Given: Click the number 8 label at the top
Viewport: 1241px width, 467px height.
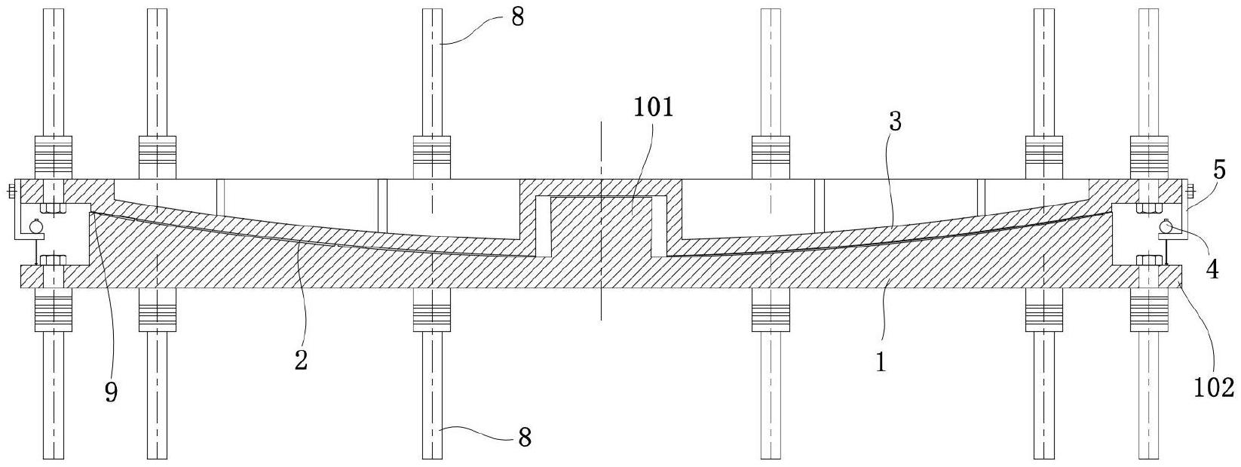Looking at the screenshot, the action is tap(516, 17).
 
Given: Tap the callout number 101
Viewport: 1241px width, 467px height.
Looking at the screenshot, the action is tap(653, 107).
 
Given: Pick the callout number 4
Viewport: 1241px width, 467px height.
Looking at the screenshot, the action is tap(1212, 269).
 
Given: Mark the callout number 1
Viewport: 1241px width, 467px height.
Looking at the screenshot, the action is tap(880, 362).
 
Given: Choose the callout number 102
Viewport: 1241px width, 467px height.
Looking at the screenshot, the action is tap(1214, 387).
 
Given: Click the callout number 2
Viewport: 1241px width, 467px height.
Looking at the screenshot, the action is tap(301, 361).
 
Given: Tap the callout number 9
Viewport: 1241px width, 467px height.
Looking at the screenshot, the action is tap(111, 392).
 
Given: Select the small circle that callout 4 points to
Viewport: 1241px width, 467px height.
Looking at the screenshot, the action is tap(1166, 225).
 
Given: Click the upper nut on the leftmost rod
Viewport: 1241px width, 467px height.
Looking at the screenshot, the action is tap(53, 157).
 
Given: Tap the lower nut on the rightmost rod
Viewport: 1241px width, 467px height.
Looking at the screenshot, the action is tap(1149, 311).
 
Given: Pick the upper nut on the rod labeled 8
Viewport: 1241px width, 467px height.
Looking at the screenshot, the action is tap(432, 157).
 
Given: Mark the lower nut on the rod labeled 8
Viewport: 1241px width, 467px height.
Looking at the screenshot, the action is tap(432, 311).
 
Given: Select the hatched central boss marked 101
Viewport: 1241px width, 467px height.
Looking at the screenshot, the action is tap(601, 226).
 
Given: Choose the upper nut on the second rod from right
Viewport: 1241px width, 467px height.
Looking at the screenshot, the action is tap(1044, 157).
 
